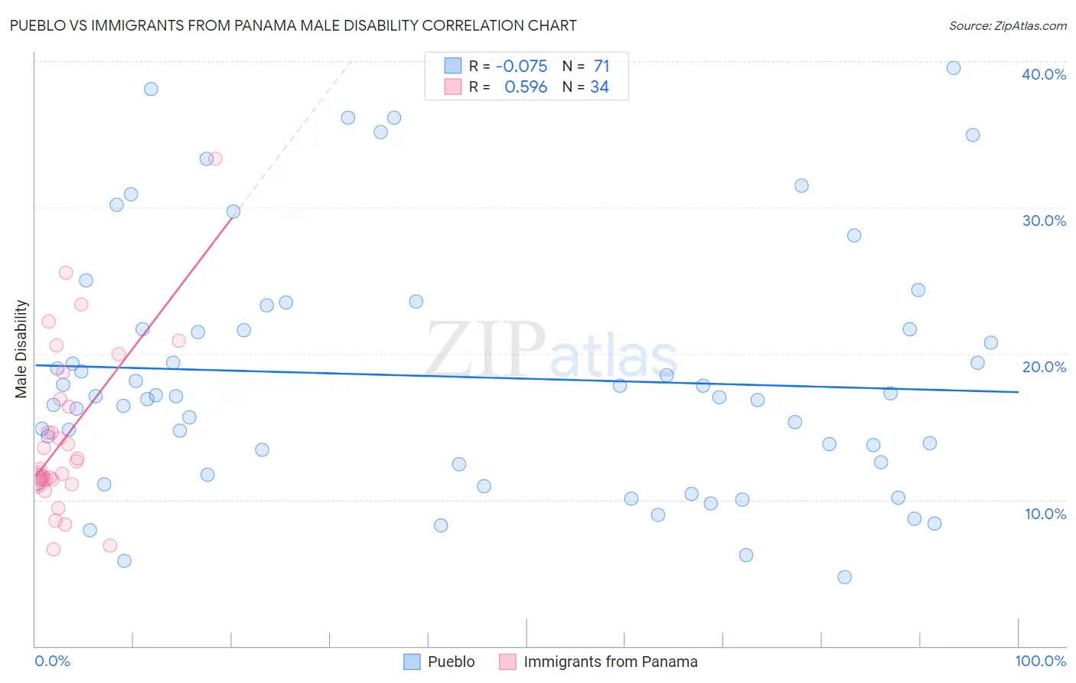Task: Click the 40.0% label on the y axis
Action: (x=1044, y=74)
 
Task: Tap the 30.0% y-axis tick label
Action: (x=1044, y=221)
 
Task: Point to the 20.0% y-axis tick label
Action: (x=1044, y=367)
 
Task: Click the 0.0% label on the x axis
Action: (x=52, y=661)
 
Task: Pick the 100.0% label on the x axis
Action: (x=1040, y=661)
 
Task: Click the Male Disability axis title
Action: (x=21, y=348)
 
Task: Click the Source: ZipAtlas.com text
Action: (x=1007, y=25)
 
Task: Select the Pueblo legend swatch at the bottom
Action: (x=412, y=662)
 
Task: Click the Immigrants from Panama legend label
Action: (x=610, y=662)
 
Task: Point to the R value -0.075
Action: (x=521, y=67)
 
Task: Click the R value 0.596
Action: (x=526, y=87)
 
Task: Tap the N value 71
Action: (x=602, y=67)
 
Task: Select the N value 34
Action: (x=599, y=87)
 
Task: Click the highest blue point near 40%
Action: (x=954, y=68)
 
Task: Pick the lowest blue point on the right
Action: (x=844, y=577)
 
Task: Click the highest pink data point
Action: (x=215, y=158)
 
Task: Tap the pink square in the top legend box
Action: (x=453, y=87)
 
